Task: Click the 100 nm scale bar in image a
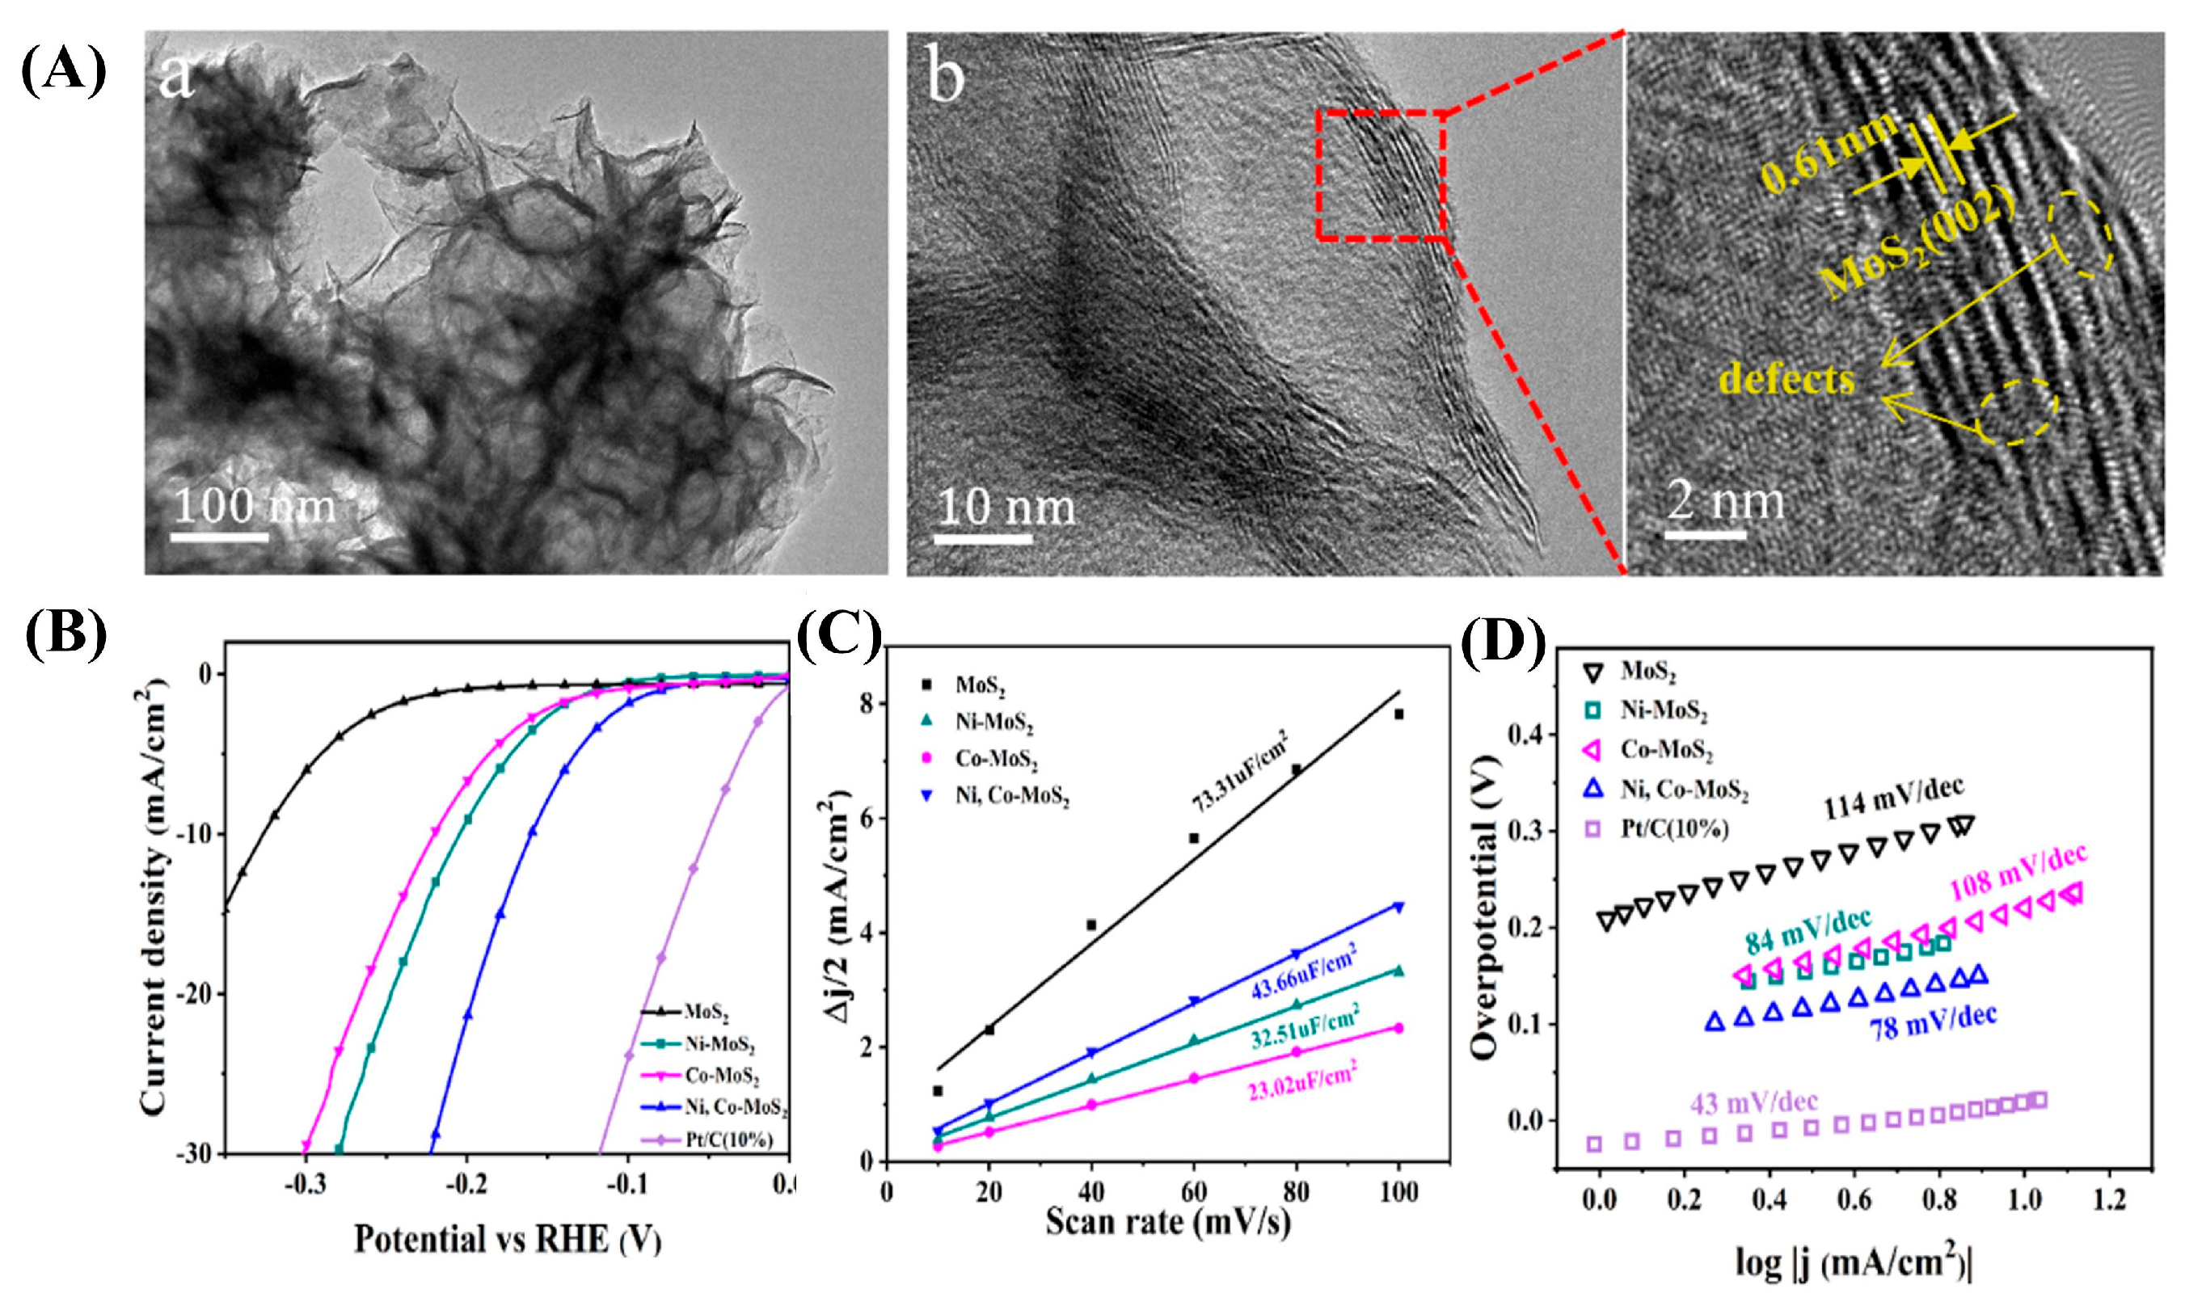tap(219, 535)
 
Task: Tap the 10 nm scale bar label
tap(1005, 508)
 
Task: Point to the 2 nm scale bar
tap(1706, 534)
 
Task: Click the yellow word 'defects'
tap(1787, 380)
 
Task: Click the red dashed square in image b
tap(1381, 175)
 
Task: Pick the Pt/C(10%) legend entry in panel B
tap(728, 1140)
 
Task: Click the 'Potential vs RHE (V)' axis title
tap(508, 1239)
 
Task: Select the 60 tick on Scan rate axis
tap(1193, 1193)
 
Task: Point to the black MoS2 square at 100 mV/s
tap(1398, 714)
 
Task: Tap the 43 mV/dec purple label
tap(1754, 1102)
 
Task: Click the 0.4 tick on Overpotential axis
tap(1527, 734)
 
